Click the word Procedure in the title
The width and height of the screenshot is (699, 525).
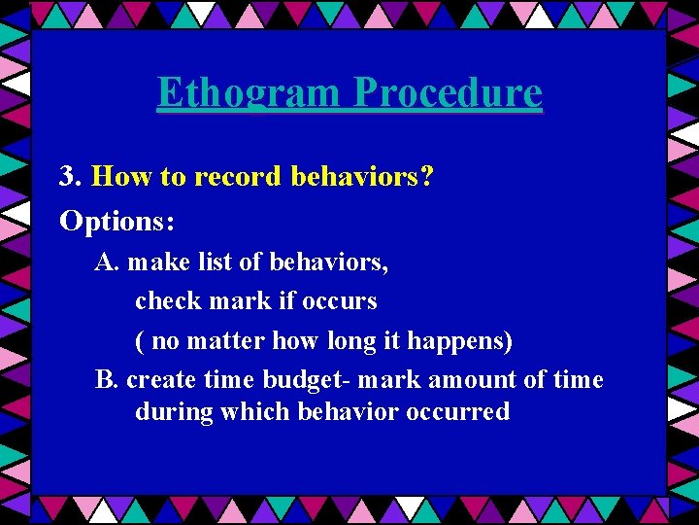[x=448, y=93]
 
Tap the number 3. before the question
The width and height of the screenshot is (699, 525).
[x=70, y=176]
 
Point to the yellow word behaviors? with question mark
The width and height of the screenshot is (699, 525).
[x=361, y=176]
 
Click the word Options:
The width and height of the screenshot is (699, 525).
[x=117, y=221]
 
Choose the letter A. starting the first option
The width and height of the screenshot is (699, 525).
[x=107, y=262]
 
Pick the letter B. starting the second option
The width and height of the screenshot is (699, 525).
[x=106, y=379]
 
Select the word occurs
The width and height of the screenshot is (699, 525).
[x=339, y=300]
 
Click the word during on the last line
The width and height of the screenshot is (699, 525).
[x=174, y=411]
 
